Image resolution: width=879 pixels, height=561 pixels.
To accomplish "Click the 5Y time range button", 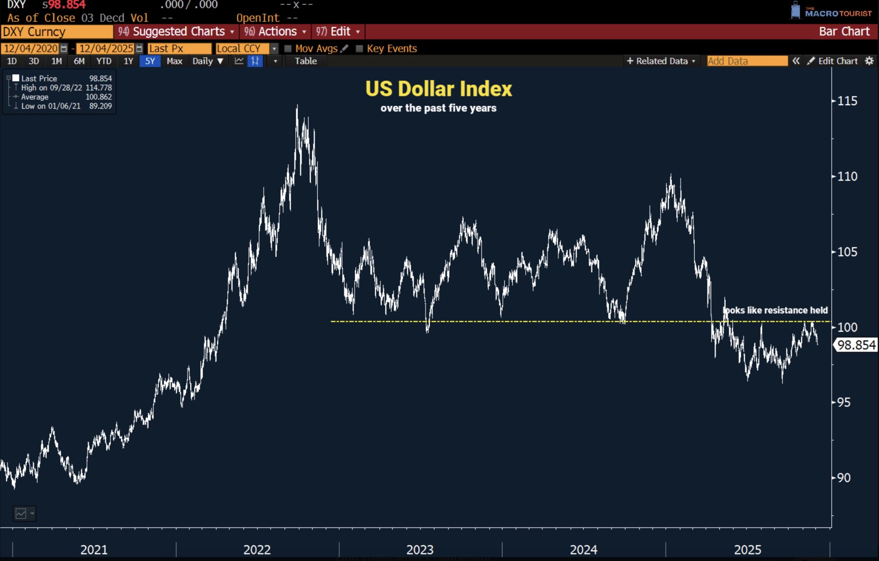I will (x=150, y=61).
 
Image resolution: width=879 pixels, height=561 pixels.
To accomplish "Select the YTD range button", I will (x=104, y=61).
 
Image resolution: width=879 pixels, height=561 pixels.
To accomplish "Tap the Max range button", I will (x=174, y=61).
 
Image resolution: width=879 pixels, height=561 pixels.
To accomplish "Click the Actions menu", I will (x=275, y=32).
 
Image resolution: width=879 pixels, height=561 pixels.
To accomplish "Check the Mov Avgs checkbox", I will (x=288, y=48).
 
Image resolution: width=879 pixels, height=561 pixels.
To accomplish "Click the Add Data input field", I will (x=747, y=61).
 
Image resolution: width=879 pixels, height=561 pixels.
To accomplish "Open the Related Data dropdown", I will (x=661, y=61).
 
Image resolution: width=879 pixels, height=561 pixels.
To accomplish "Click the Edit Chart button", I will (x=833, y=61).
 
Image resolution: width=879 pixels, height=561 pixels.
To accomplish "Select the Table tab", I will (x=306, y=61).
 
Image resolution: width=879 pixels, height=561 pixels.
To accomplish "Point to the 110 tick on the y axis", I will (x=847, y=177).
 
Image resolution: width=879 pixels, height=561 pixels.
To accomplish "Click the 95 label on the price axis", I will (x=844, y=402).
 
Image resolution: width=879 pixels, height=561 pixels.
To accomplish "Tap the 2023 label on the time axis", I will (x=420, y=549).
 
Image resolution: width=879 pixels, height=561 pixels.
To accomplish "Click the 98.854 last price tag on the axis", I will (x=856, y=345).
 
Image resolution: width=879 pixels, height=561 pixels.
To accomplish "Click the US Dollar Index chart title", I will (x=438, y=89).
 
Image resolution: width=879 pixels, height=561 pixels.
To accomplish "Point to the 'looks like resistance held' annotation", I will (x=775, y=310).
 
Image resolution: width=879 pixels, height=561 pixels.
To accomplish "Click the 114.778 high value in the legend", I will (x=99, y=88).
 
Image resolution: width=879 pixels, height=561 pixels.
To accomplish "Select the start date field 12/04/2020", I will (x=31, y=48).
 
